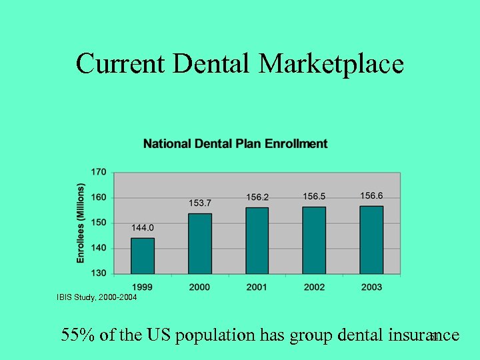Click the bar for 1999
pyautogui.click(x=142, y=256)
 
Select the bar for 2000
pyautogui.click(x=200, y=243)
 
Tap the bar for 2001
pyautogui.click(x=257, y=241)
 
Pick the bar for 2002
pyautogui.click(x=314, y=240)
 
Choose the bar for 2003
pyautogui.click(x=371, y=240)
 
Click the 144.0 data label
pyautogui.click(x=143, y=228)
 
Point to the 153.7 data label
pyautogui.click(x=200, y=203)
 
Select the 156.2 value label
pyautogui.click(x=257, y=197)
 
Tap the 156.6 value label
pyautogui.click(x=371, y=195)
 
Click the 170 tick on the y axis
pyautogui.click(x=98, y=172)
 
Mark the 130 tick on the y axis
pyautogui.click(x=98, y=273)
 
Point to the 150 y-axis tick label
pyautogui.click(x=98, y=223)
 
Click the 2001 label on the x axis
pyautogui.click(x=257, y=287)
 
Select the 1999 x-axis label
pyautogui.click(x=143, y=287)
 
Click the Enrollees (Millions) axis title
pyautogui.click(x=81, y=223)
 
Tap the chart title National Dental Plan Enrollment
pyautogui.click(x=235, y=143)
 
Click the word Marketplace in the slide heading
pyautogui.click(x=331, y=64)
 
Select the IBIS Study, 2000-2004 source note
pyautogui.click(x=97, y=297)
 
